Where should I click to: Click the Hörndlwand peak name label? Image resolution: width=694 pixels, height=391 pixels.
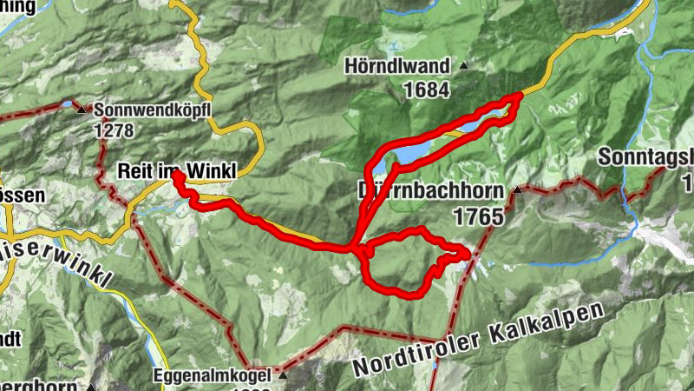[x=396, y=66]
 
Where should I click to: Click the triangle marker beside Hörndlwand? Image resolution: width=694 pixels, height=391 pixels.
[x=464, y=65]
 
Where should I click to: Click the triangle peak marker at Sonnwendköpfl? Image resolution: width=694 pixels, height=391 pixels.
[x=82, y=109]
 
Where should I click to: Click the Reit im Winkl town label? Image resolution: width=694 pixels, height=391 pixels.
[x=175, y=172]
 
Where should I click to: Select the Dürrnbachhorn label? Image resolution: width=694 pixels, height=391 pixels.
[x=430, y=191]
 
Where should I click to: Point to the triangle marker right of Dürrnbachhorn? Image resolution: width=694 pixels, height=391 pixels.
[x=518, y=189]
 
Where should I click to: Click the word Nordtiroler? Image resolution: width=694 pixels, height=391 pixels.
[x=408, y=355]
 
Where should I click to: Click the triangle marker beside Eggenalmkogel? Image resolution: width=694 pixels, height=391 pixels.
[x=284, y=376]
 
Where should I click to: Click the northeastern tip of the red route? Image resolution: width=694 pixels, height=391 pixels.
[x=518, y=96]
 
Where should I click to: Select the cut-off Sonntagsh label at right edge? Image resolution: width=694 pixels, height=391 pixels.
[x=646, y=157]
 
